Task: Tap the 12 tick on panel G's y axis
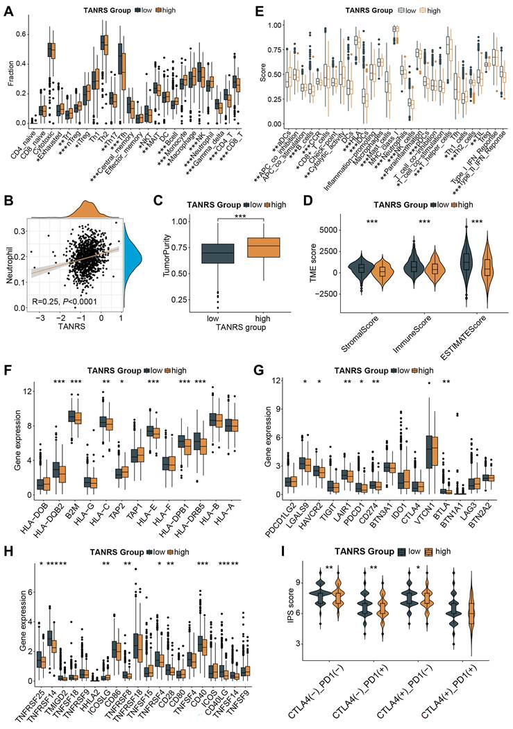pos(275,381)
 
